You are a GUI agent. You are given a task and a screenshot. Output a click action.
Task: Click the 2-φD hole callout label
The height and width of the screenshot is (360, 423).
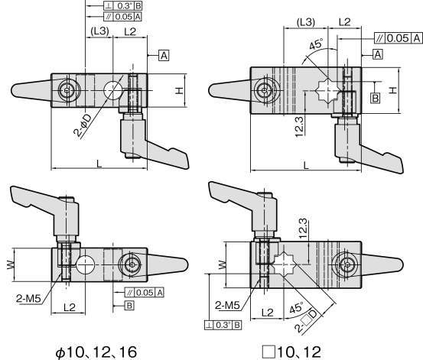click(x=83, y=125)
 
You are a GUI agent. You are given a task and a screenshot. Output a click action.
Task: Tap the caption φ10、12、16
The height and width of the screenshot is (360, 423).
click(x=96, y=352)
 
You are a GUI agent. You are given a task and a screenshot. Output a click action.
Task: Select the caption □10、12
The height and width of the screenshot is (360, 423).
click(x=292, y=352)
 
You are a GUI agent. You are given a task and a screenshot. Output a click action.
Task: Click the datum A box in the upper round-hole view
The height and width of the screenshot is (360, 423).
click(x=164, y=56)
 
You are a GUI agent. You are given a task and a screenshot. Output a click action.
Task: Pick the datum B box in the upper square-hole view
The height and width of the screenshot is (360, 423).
click(x=376, y=98)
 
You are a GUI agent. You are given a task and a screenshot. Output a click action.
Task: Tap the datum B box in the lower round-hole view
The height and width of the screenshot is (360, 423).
click(x=129, y=306)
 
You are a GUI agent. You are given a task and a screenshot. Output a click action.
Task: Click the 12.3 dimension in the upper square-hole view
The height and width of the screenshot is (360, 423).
click(x=299, y=126)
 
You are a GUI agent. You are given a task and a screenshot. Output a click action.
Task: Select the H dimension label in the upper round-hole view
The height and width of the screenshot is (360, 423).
click(x=179, y=90)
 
